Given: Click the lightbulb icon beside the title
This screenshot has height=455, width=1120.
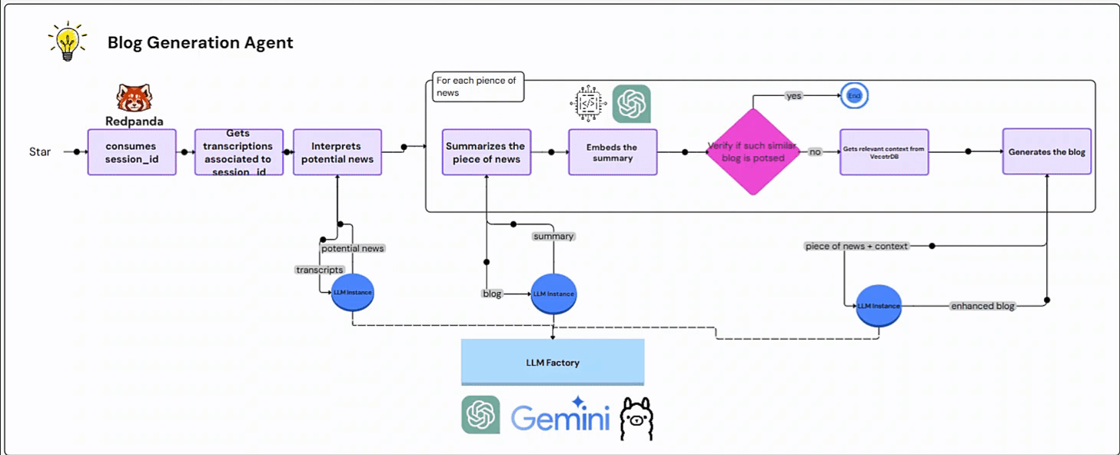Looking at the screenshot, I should pos(66,42).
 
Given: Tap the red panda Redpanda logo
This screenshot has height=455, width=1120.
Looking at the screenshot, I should pos(135,99).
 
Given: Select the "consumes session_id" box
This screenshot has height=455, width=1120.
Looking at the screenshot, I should pos(131,152).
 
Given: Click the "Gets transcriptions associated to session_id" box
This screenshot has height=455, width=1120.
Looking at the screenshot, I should pos(238,152).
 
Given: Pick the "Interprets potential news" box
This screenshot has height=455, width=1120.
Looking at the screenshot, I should pos(337,152).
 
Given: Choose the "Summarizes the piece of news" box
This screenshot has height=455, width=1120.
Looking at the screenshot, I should pos(487,152).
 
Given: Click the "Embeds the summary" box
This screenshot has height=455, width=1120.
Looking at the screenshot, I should pos(613,152).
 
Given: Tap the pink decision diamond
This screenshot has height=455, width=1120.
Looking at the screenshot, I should pos(753,152).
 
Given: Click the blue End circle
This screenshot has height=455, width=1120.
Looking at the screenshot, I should pos(854,95).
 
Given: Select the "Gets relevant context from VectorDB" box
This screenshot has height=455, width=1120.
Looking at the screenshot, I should pos(884,152).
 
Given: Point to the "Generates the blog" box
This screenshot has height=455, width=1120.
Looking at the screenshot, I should pos(1047,152).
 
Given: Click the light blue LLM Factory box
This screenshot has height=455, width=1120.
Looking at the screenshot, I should pos(552,362).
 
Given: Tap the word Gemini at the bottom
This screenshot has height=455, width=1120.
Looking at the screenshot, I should pos(560,418).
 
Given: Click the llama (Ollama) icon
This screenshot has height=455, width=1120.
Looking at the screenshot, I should pos(636,418).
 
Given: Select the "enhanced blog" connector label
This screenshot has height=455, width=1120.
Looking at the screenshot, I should pos(983,306).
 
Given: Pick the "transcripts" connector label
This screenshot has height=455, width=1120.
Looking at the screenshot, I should pos(319,270).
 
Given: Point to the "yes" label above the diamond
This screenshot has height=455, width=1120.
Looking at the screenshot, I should pos(794,95).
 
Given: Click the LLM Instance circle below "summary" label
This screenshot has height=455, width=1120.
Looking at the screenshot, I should pos(553,294).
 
